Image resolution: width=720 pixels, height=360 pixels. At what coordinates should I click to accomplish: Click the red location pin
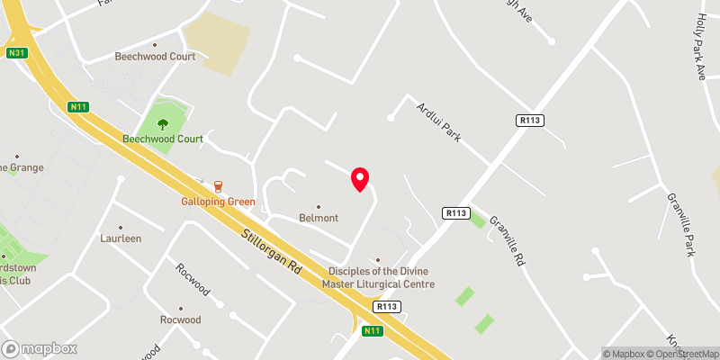(360, 179)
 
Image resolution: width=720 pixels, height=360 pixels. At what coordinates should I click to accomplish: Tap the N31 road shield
(15, 53)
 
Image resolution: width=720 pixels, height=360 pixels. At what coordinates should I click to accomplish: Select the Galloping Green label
(217, 201)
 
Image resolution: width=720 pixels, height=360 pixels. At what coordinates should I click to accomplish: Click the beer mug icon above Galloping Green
(217, 185)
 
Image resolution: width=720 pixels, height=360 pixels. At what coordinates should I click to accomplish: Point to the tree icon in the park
(163, 124)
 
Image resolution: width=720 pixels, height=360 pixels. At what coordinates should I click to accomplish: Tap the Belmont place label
(319, 218)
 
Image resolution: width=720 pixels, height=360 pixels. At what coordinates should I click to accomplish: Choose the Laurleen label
(121, 239)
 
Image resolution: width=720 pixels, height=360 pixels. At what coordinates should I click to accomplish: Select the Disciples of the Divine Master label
(381, 277)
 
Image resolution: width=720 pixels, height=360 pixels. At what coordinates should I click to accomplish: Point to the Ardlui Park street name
(437, 122)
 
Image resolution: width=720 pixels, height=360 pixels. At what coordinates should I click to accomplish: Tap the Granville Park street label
(679, 224)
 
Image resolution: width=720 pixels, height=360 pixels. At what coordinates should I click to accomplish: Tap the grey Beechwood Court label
(155, 56)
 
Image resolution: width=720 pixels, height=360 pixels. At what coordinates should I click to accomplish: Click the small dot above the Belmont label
(319, 206)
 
